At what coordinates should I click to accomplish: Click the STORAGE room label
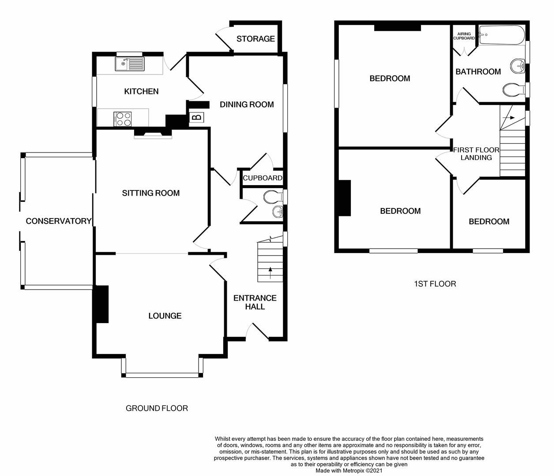coord(255,39)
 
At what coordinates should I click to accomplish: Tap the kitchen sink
coord(130,64)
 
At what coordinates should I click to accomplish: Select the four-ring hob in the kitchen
coord(123,119)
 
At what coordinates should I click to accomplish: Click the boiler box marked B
coord(197,117)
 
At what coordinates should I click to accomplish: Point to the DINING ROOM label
coord(247,104)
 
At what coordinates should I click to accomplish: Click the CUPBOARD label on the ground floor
coord(263,178)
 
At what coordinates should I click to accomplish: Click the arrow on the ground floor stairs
coord(270,273)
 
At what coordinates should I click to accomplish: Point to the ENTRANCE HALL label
coord(255,302)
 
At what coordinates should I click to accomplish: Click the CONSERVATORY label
coord(59,221)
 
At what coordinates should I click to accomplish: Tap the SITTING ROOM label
coord(150,193)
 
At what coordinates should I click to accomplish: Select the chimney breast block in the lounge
coord(101,304)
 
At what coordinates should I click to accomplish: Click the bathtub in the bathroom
coord(502,35)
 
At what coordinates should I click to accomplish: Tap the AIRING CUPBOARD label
coord(464,36)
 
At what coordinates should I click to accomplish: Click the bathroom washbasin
coord(518,65)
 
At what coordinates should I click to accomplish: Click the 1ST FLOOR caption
coord(435,284)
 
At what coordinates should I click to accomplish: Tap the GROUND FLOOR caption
coord(157,408)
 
